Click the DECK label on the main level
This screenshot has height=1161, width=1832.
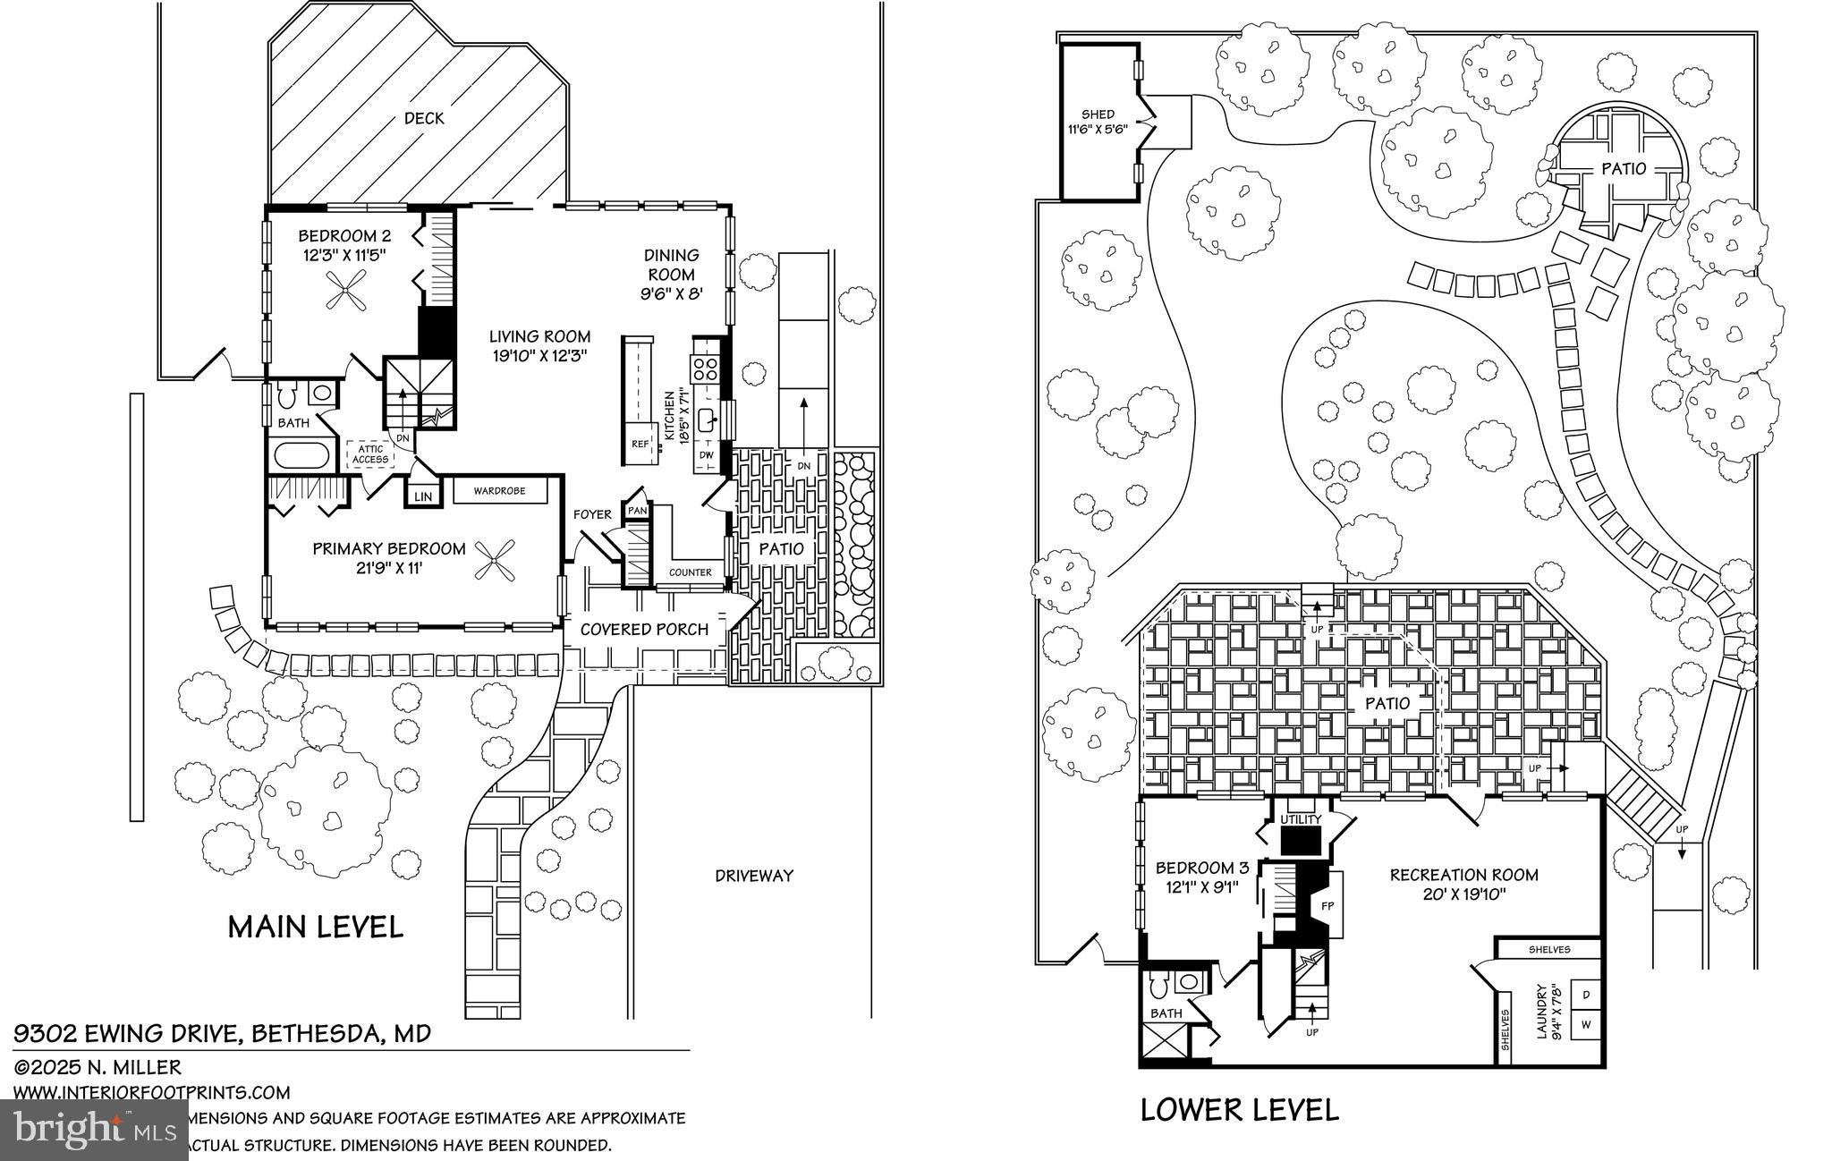click(424, 118)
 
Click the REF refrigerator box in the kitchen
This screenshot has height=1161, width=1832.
click(640, 444)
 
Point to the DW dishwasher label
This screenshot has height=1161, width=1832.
click(706, 454)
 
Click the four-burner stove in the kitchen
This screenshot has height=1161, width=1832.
click(705, 369)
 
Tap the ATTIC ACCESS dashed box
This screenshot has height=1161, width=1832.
click(370, 454)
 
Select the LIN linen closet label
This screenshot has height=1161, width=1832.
click(423, 496)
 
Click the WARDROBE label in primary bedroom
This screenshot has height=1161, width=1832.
click(499, 491)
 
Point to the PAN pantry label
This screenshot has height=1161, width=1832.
click(637, 510)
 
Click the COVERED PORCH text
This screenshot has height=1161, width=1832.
click(644, 630)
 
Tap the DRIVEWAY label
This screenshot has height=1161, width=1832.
click(754, 876)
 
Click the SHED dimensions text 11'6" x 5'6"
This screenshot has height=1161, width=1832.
click(1098, 129)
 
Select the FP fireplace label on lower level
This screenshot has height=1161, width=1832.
click(1328, 904)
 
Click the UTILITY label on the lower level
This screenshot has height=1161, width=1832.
click(1301, 819)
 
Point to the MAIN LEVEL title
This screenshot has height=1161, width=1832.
click(315, 927)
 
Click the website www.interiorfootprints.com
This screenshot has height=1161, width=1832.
click(151, 1092)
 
